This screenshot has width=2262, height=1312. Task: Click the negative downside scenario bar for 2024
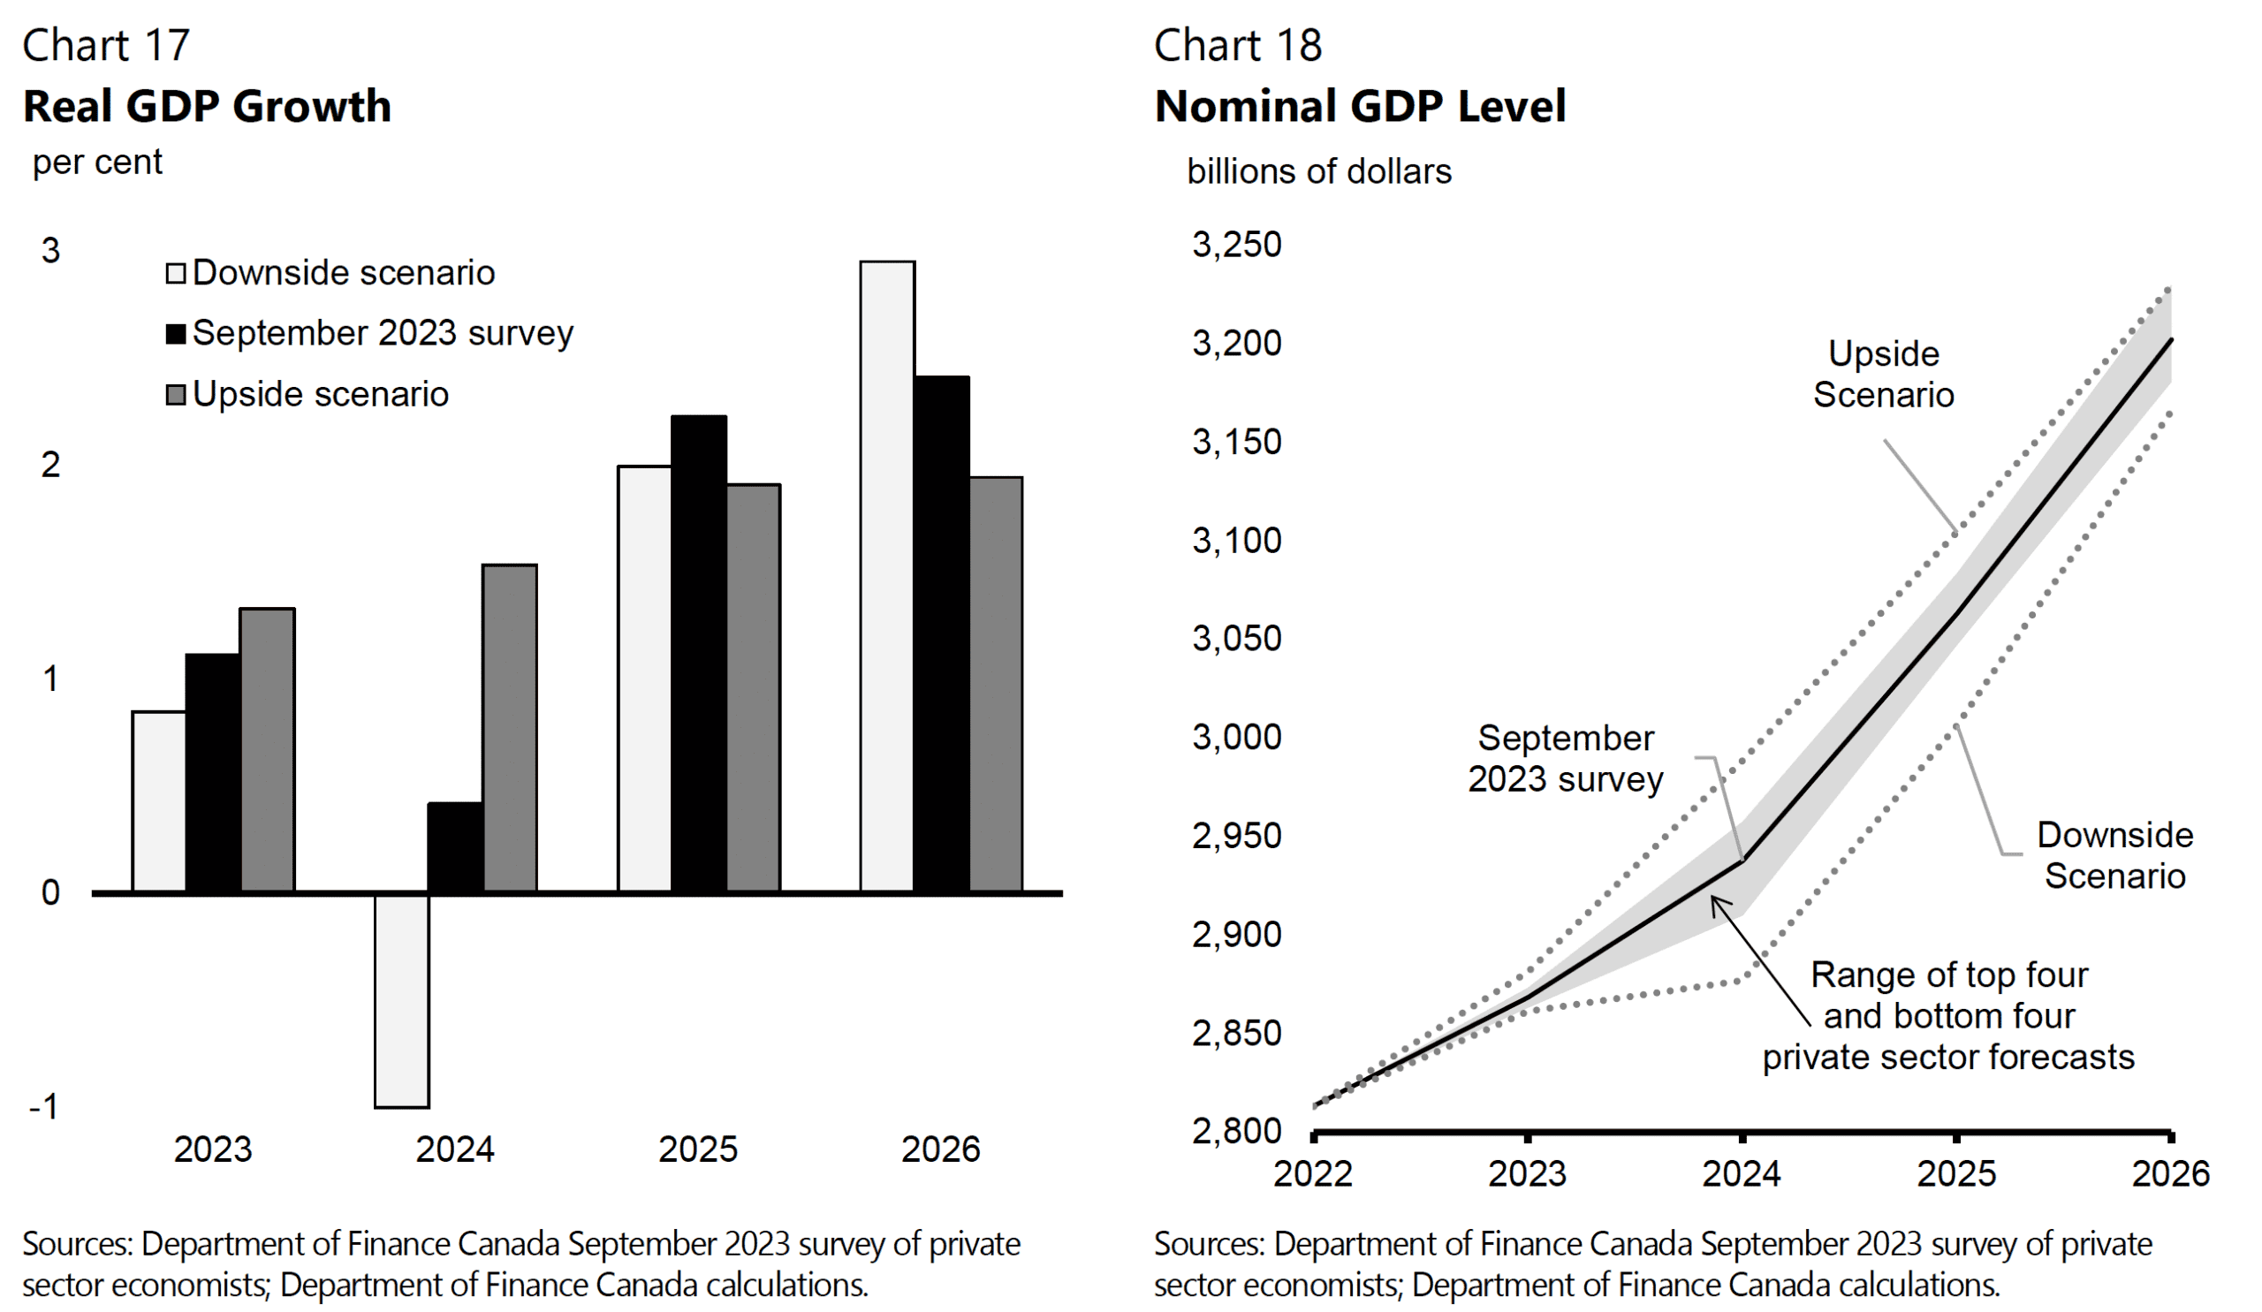point(401,1000)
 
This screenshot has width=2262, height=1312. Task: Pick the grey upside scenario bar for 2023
point(267,749)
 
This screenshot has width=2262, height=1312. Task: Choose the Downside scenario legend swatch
point(176,273)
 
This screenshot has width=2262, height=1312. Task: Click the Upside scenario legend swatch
point(176,394)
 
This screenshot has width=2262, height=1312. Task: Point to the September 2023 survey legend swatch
point(176,334)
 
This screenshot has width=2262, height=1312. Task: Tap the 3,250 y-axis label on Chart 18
point(1236,245)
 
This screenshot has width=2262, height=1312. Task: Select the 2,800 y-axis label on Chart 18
point(1236,1130)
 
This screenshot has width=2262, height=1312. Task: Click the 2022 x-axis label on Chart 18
point(1312,1173)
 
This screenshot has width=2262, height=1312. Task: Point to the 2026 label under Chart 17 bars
point(940,1149)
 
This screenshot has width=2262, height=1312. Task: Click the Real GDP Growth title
point(208,106)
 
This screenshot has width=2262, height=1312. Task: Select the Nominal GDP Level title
point(1360,106)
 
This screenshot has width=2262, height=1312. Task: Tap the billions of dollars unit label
point(1317,171)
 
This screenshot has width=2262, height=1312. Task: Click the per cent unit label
point(97,163)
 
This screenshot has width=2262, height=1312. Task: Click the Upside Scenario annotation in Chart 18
point(1883,375)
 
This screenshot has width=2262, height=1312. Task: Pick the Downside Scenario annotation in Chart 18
point(2114,855)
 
